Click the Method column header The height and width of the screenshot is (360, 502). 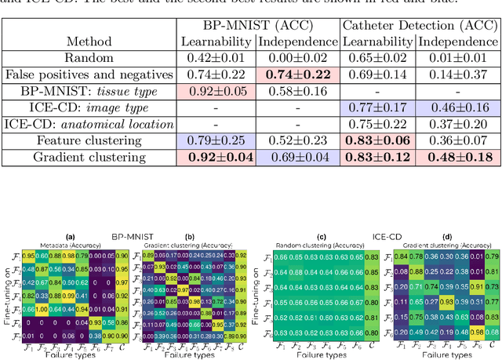pos(89,41)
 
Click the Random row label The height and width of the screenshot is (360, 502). pos(89,57)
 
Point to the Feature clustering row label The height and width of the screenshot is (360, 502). pos(89,140)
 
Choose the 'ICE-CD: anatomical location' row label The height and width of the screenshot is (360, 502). pos(89,123)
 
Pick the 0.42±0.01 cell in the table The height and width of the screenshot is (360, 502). pos(216,57)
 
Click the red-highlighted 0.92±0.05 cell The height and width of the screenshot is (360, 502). pos(216,90)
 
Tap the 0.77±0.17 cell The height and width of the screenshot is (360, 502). pos(379,107)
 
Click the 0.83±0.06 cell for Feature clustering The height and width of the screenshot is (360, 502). pos(379,140)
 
